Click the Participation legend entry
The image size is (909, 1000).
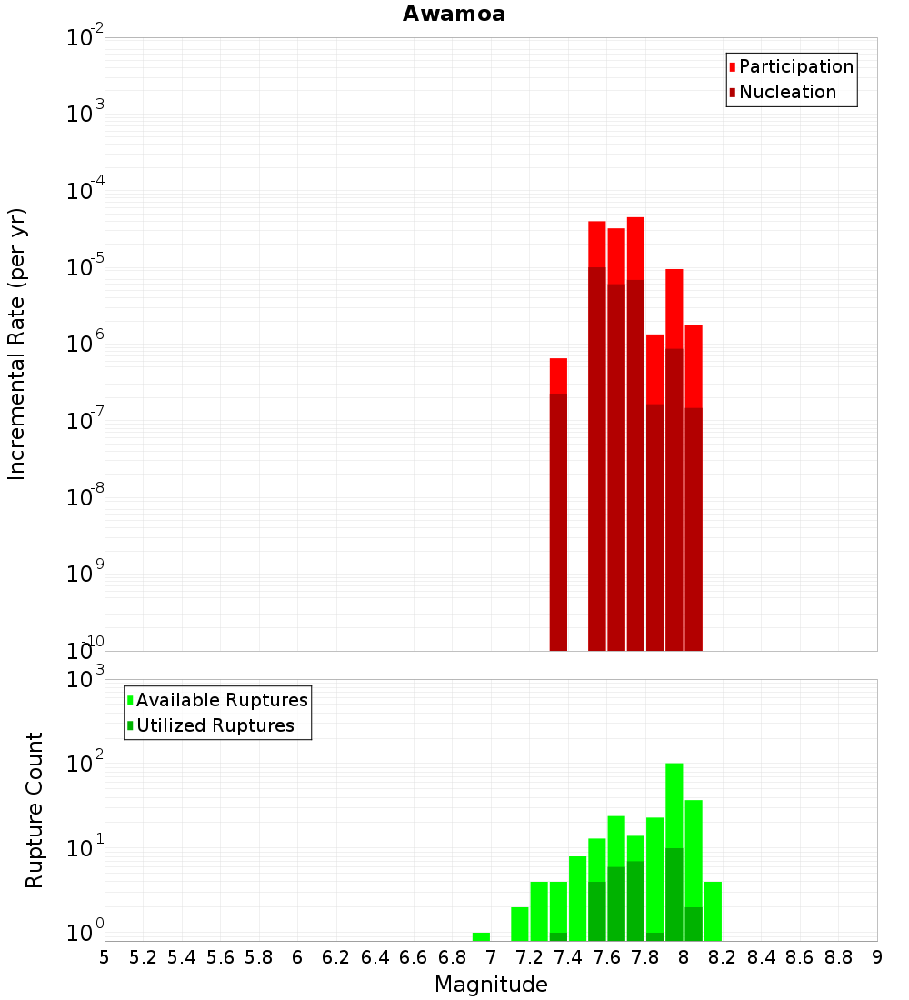point(795,66)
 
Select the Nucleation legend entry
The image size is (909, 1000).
point(786,92)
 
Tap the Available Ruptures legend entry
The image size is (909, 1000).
point(221,700)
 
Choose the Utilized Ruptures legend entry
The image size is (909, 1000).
point(215,725)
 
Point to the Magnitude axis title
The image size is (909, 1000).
point(491,985)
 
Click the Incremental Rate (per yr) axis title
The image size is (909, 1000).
point(16,344)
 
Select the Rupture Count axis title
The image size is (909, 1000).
point(35,810)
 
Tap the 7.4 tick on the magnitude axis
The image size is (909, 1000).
point(568,957)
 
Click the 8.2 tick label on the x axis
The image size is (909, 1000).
point(723,957)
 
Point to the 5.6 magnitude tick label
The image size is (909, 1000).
point(220,957)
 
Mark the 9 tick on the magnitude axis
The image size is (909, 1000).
point(877,957)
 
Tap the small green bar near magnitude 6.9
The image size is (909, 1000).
point(481,936)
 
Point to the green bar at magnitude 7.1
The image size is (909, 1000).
point(520,924)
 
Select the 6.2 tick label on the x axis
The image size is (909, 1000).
point(336,957)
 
